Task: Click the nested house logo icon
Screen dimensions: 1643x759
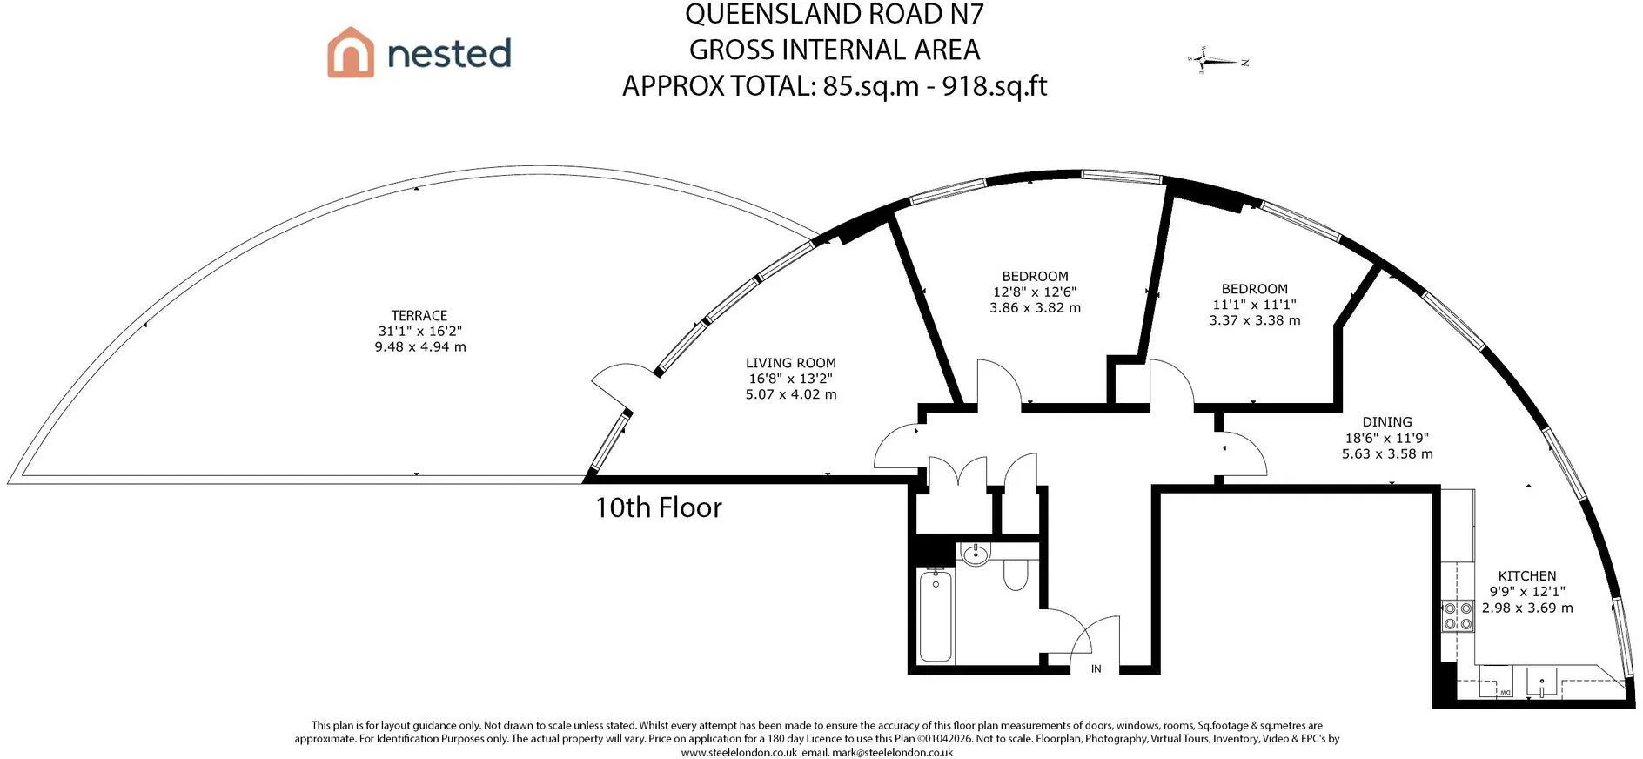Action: point(350,52)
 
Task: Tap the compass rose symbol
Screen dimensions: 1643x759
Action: point(1206,61)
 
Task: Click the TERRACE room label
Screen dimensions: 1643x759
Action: point(419,315)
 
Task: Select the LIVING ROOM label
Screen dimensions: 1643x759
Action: point(790,363)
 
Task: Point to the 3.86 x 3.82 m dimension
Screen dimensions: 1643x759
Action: point(1035,307)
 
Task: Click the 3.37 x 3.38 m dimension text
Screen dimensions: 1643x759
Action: point(1254,320)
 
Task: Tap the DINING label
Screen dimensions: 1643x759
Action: point(1387,422)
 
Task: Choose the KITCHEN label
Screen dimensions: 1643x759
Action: point(1527,576)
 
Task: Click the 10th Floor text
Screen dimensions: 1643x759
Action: point(658,507)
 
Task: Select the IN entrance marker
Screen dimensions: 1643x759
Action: point(1096,668)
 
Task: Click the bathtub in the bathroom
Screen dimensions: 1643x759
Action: point(936,615)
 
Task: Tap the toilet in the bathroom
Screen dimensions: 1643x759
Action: point(1016,573)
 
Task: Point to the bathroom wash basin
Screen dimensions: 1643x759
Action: point(976,554)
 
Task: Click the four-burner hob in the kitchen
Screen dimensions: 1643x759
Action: point(1457,615)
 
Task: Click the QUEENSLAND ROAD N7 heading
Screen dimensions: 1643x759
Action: point(835,14)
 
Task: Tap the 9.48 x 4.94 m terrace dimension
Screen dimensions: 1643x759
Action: point(420,346)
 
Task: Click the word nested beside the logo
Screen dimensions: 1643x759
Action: point(449,53)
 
